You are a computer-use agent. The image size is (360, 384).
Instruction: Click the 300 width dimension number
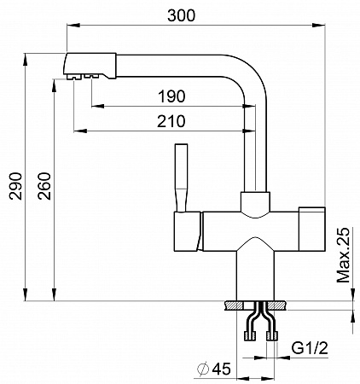click(x=181, y=15)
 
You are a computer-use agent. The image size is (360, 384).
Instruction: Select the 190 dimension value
click(x=171, y=96)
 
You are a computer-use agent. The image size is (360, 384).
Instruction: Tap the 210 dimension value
click(x=171, y=121)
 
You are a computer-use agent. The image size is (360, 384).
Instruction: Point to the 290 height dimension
click(x=15, y=186)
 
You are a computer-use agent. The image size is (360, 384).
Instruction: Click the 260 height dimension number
click(x=44, y=186)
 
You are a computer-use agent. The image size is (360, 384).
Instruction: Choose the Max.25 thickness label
click(x=343, y=255)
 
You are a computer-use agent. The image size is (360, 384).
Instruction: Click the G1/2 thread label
click(x=310, y=348)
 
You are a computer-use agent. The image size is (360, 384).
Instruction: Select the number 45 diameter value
click(x=221, y=369)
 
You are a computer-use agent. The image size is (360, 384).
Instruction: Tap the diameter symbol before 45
click(x=203, y=369)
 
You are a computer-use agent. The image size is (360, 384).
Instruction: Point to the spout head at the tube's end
click(x=90, y=66)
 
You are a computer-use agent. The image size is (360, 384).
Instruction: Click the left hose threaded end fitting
click(x=250, y=335)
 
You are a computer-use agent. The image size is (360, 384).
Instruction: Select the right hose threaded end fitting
click(x=272, y=335)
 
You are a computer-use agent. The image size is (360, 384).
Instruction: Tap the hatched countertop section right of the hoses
click(x=277, y=305)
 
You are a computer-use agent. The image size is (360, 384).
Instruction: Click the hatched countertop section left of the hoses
click(x=234, y=305)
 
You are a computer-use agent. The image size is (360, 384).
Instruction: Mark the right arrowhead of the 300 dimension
click(x=318, y=25)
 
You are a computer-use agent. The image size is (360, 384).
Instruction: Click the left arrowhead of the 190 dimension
click(x=98, y=106)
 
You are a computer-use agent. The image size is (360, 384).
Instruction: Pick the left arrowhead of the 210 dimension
click(x=80, y=131)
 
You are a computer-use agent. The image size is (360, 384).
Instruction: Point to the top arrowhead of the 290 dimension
click(x=26, y=59)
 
